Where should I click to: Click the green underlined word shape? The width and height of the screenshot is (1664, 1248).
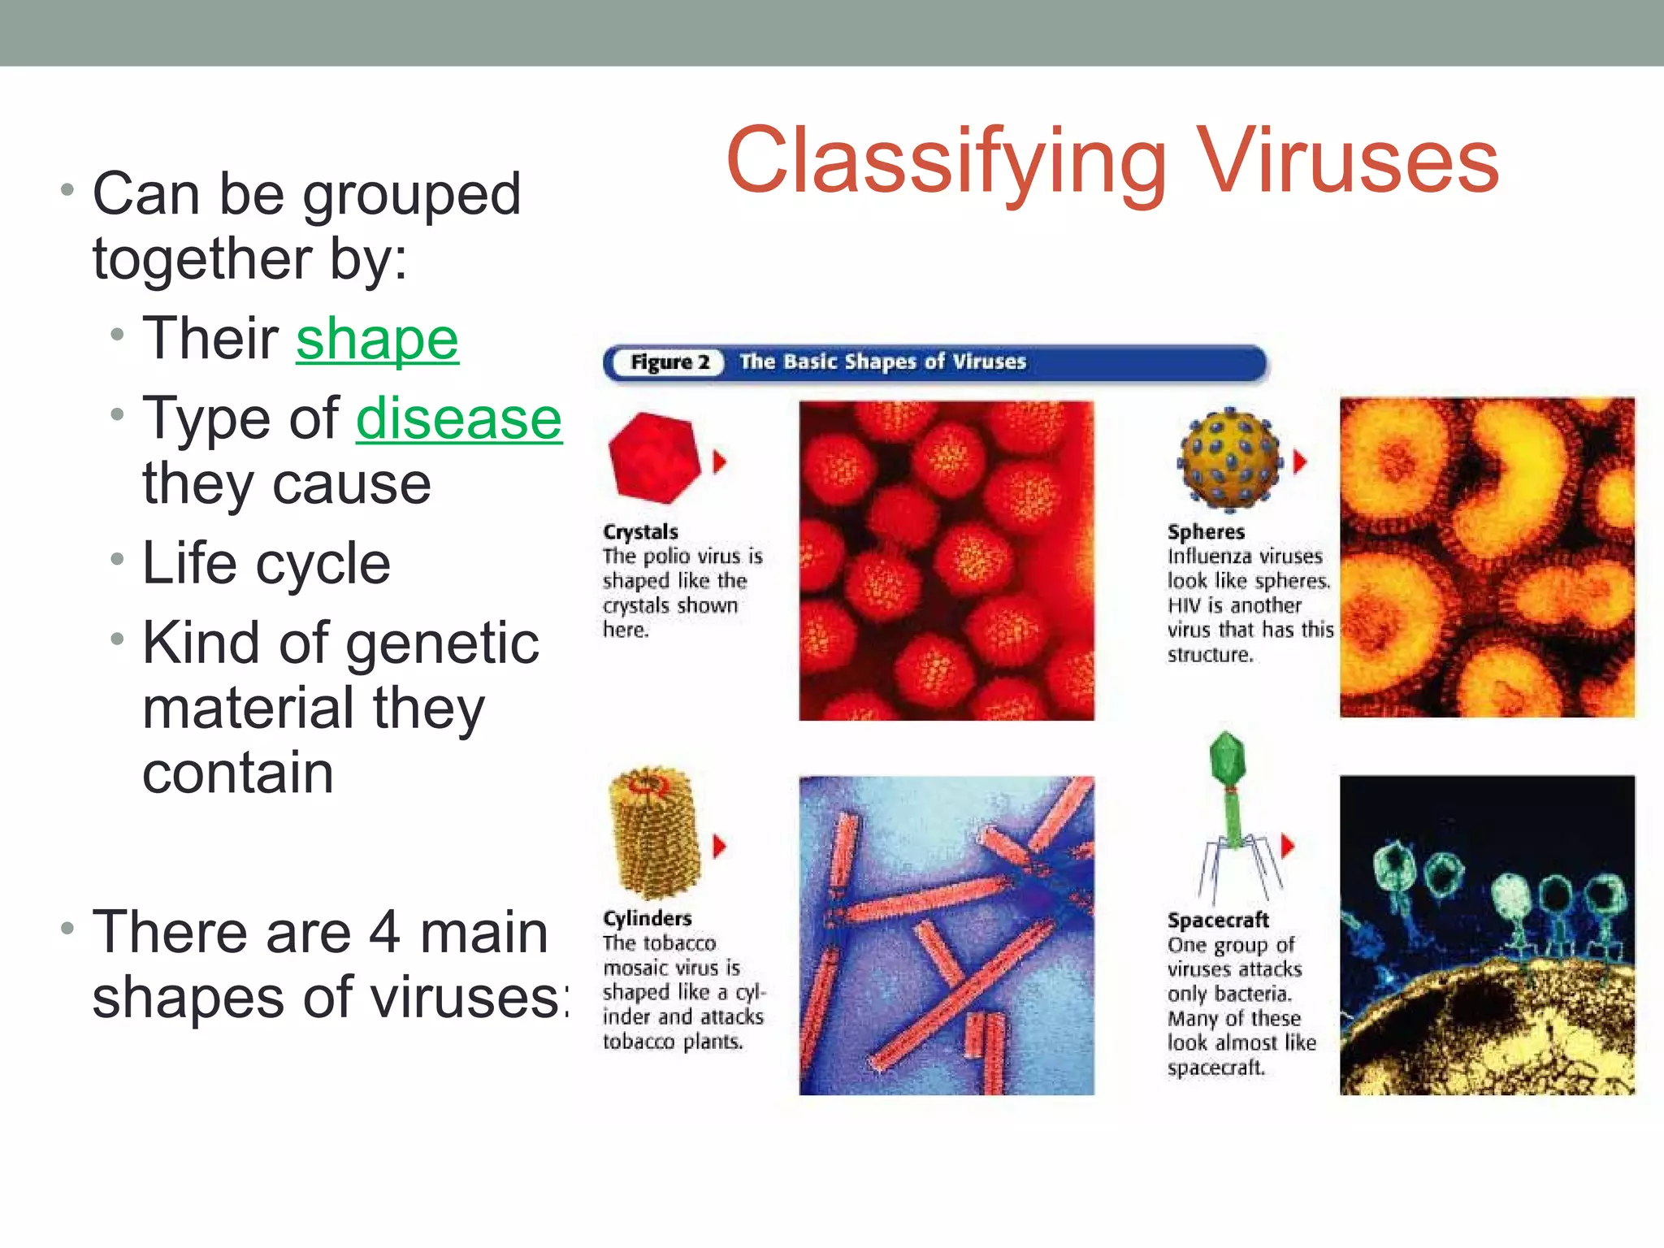pos(377,339)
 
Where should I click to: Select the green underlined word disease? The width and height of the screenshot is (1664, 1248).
pos(458,419)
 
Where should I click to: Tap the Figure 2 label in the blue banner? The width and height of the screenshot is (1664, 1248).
pos(669,362)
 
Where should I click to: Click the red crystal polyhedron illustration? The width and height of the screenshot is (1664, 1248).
pos(655,457)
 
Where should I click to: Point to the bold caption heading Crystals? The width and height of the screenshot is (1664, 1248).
pos(640,532)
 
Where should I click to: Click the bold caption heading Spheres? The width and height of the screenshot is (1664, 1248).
pos(1206,532)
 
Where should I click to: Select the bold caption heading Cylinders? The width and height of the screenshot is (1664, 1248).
pos(647,918)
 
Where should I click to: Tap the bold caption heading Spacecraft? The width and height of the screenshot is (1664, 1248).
pos(1217,920)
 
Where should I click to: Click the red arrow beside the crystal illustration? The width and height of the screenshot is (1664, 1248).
pos(719,461)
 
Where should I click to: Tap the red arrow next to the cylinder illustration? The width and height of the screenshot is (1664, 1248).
pos(719,847)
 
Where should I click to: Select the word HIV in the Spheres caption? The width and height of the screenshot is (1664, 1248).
pos(1185,605)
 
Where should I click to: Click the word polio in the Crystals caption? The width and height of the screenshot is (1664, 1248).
pos(665,557)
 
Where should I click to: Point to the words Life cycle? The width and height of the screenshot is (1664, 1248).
pos(266,562)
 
